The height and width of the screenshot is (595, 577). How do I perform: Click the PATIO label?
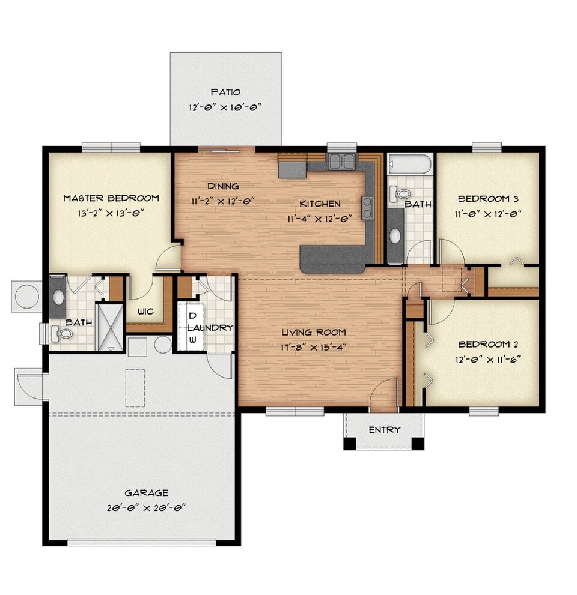(x=225, y=92)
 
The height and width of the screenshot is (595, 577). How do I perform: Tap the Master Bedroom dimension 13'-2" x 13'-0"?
(x=112, y=213)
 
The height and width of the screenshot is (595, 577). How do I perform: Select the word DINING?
(x=223, y=186)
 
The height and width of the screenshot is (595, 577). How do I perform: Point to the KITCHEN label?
(x=320, y=204)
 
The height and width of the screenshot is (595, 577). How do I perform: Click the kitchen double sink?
(x=341, y=162)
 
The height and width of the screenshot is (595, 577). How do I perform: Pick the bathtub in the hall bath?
(x=410, y=165)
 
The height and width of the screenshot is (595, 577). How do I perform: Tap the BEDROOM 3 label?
(x=488, y=199)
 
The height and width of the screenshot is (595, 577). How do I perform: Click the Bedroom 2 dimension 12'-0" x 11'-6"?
(x=487, y=359)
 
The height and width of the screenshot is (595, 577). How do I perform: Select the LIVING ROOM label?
(x=313, y=333)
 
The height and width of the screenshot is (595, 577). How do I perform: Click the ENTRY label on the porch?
(x=385, y=430)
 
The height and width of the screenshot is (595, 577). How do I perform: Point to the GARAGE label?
(x=146, y=493)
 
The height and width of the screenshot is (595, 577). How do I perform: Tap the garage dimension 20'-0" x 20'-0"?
(x=146, y=508)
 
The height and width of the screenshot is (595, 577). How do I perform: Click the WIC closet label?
(x=145, y=312)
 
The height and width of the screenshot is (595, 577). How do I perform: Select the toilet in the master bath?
(x=63, y=333)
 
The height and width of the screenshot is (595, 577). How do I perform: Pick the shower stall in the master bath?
(x=110, y=327)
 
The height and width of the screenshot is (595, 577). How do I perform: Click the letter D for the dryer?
(x=192, y=316)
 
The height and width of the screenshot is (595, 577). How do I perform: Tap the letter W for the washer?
(x=192, y=340)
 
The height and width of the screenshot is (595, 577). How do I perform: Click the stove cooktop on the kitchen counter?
(x=367, y=208)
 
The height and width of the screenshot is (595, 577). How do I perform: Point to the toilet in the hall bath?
(x=399, y=193)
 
